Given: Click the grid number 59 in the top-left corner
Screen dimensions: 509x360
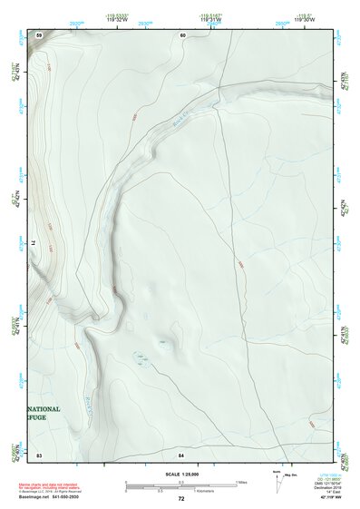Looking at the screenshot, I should (39, 34).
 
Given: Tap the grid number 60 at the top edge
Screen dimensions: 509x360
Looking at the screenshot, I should (182, 34).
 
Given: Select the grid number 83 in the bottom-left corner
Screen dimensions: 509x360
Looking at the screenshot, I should (39, 453).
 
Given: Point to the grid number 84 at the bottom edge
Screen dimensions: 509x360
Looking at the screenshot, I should (181, 453).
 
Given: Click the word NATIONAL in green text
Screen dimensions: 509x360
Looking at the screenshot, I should (44, 409).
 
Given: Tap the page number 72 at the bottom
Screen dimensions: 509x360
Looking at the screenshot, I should (181, 499).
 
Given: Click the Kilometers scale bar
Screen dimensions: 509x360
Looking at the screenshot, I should (180, 489).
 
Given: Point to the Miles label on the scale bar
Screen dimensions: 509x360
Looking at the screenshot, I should (241, 481).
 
